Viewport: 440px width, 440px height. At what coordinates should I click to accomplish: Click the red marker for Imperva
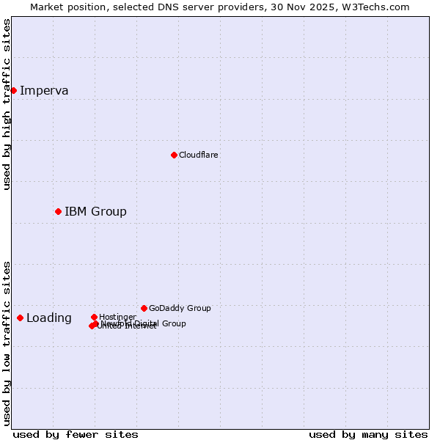pos(13,90)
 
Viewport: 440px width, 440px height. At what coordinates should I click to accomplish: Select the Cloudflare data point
pos(174,155)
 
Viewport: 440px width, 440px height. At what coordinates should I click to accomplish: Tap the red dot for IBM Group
pos(58,211)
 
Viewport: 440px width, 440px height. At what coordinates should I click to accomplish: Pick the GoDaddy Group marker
pos(144,308)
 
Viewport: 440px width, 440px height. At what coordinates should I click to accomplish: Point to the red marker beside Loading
pos(20,318)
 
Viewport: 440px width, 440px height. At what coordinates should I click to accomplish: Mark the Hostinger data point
pos(94,317)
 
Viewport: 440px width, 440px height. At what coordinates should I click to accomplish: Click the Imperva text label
pos(44,91)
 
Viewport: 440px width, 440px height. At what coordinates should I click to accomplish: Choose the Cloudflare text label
pos(198,155)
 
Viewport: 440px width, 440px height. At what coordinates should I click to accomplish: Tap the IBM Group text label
pos(95,212)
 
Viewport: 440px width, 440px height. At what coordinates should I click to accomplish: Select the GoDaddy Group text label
pos(180,308)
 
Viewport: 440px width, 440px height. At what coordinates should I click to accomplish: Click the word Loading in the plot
pos(49,318)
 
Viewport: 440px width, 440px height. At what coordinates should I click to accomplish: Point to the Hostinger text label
pos(117,317)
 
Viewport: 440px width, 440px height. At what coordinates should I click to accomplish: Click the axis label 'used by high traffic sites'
pos(7,104)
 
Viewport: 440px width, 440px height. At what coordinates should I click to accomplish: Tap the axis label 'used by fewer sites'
pos(76,434)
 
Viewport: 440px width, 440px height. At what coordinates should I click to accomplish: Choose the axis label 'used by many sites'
pos(368,434)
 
